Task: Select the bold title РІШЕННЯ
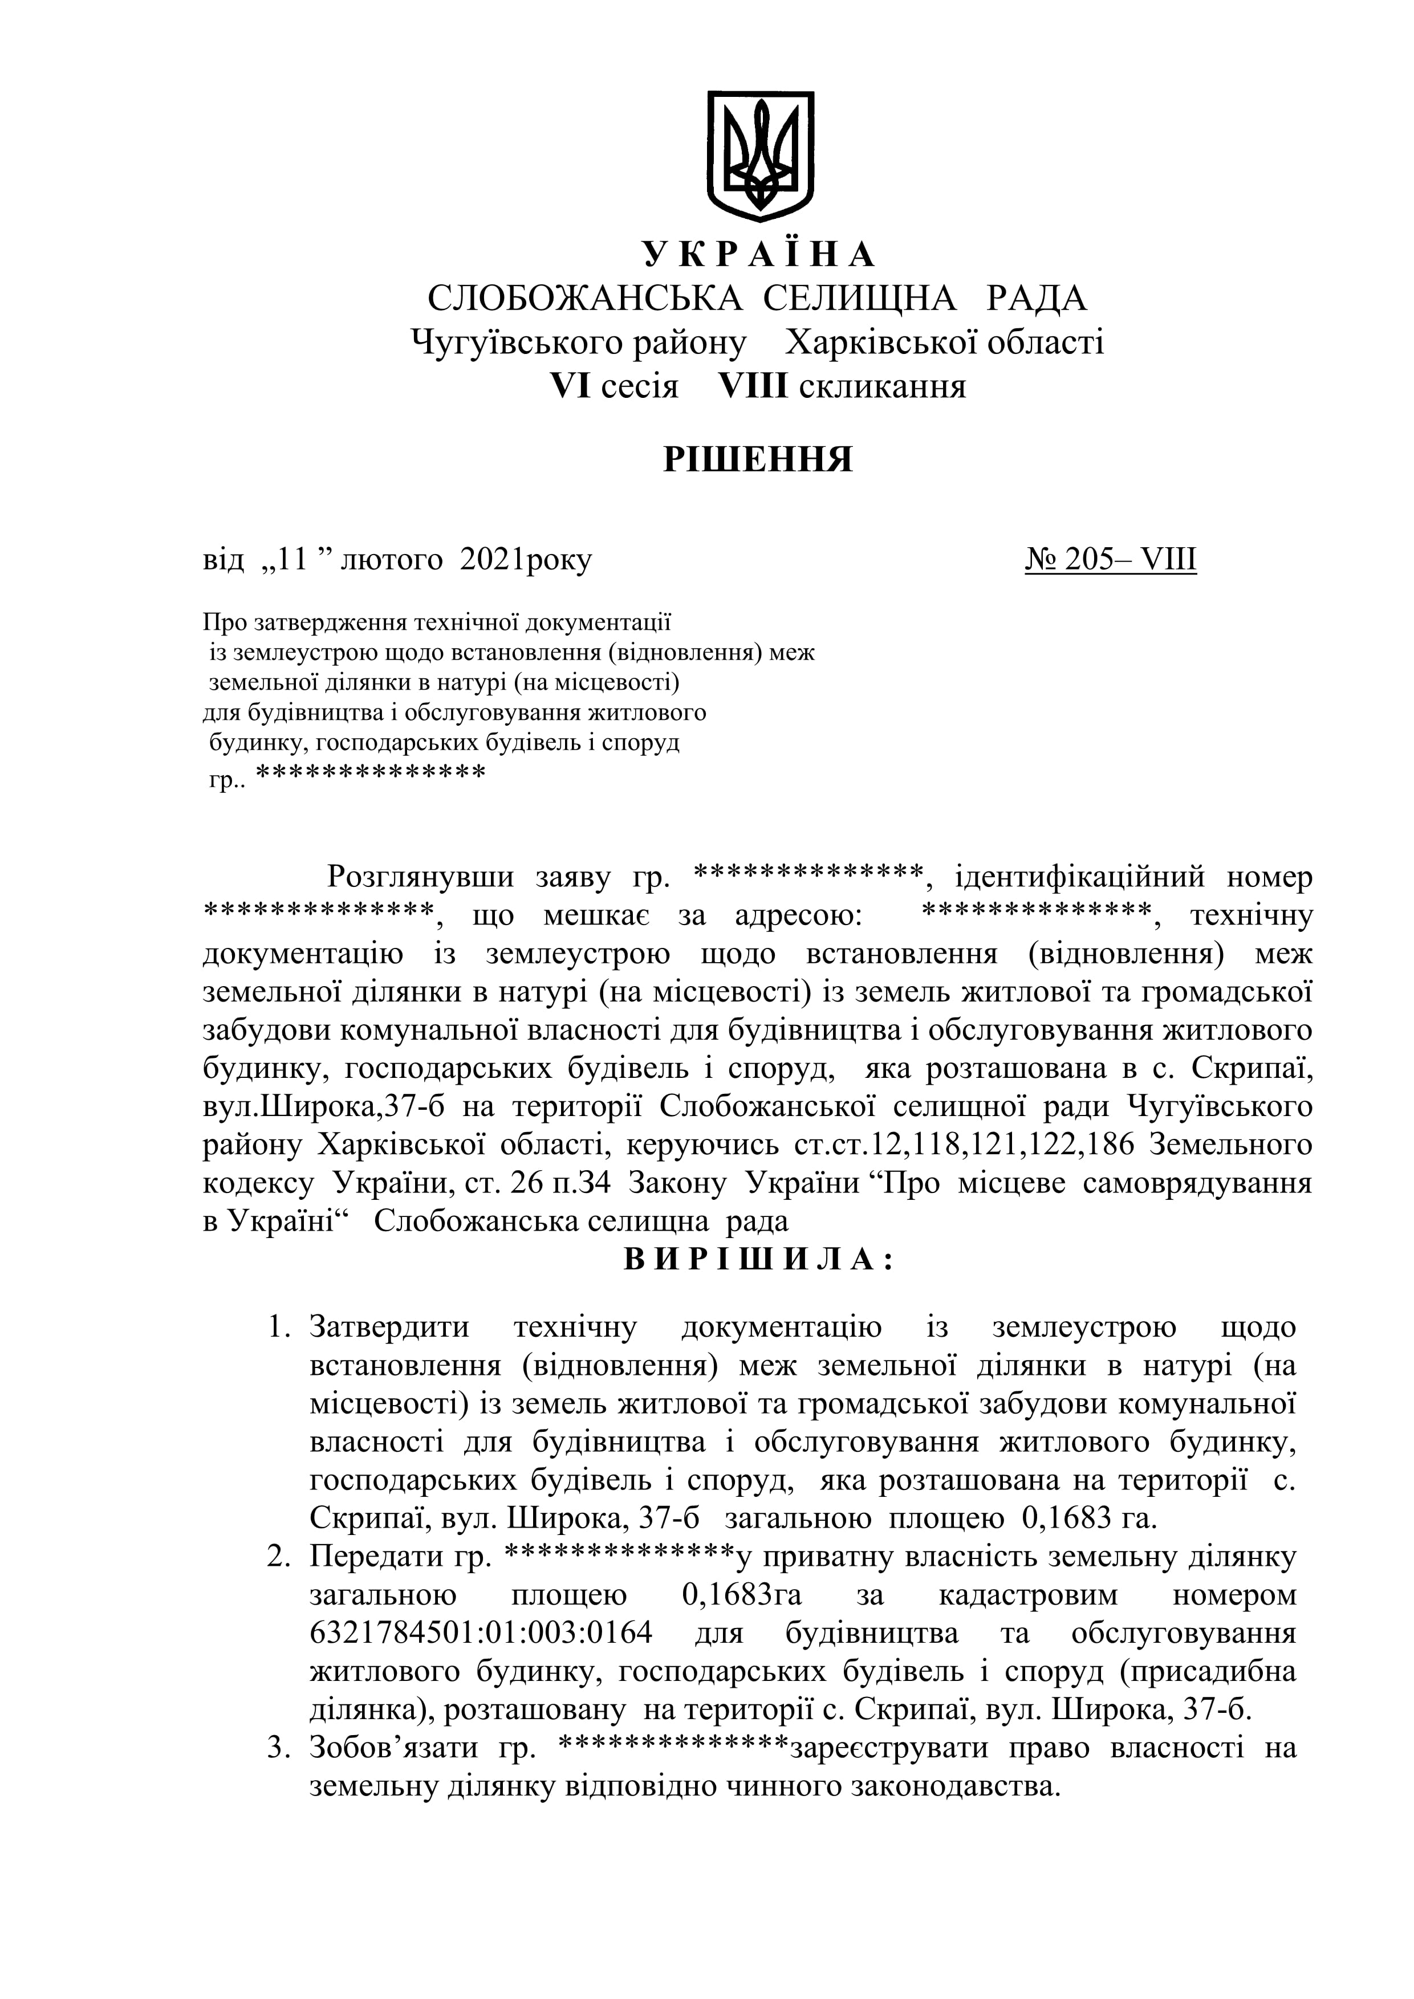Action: [x=758, y=458]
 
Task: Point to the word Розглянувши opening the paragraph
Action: [x=420, y=876]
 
